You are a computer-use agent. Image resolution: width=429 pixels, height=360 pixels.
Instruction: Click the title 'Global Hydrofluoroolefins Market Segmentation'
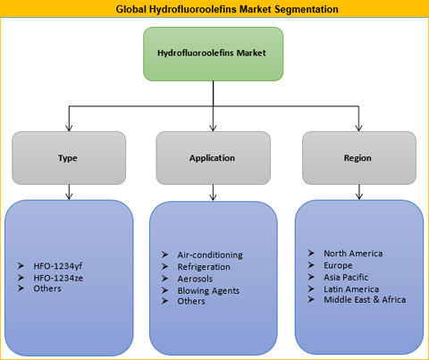(x=227, y=9)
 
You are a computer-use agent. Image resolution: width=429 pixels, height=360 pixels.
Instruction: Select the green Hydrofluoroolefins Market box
(x=214, y=54)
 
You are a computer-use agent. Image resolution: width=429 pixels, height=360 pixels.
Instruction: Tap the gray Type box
(x=69, y=158)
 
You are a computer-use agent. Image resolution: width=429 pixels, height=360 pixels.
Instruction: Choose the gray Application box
(x=214, y=158)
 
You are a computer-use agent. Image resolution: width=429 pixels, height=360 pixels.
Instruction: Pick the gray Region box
(x=359, y=158)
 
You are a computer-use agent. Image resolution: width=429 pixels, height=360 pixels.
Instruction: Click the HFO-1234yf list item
(x=58, y=266)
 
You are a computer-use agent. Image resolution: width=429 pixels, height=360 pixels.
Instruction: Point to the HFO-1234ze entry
(x=58, y=278)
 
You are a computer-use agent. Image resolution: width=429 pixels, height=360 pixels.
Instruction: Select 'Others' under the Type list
(x=47, y=289)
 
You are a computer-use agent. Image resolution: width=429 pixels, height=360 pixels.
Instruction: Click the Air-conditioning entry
(x=210, y=255)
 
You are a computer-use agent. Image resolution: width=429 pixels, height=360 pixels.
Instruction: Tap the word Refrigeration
(x=204, y=267)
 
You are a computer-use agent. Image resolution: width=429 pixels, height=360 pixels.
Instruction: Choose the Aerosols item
(x=195, y=279)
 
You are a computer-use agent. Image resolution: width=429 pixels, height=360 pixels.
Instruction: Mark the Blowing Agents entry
(x=208, y=290)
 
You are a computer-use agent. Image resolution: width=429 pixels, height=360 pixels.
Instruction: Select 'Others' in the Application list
(x=191, y=301)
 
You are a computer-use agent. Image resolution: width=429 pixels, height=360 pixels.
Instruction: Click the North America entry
(x=353, y=254)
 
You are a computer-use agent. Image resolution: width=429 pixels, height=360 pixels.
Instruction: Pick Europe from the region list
(x=338, y=265)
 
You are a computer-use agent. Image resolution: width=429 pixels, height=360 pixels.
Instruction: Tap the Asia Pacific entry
(x=346, y=277)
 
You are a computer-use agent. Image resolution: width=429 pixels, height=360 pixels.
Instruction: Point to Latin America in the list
(x=351, y=289)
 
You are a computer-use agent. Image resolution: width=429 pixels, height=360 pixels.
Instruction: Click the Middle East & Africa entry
(x=365, y=299)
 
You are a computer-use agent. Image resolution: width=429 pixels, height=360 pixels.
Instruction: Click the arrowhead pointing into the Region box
(x=359, y=128)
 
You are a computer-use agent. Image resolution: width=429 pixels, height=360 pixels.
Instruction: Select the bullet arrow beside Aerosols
(x=164, y=279)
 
